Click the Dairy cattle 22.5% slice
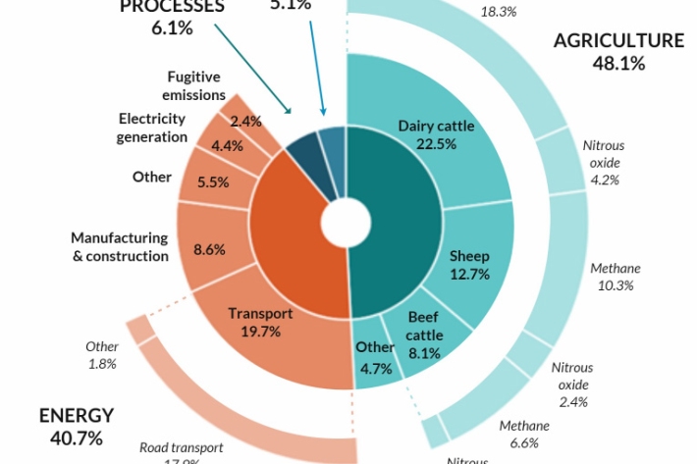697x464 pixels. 436,134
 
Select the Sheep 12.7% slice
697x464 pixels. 469,265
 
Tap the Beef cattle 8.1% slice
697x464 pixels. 424,335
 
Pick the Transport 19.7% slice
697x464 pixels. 260,323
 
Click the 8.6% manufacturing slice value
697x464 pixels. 209,249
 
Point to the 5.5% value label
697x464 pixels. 213,181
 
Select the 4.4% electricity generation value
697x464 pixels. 228,146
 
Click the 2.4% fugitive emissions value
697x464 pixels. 245,121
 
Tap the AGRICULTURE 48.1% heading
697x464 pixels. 618,52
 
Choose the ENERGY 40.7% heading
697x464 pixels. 77,427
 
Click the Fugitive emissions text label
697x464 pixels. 193,85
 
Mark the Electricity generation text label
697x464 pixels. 152,128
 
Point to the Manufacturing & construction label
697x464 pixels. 120,246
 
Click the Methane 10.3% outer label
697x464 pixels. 616,277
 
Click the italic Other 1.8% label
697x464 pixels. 102,355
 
